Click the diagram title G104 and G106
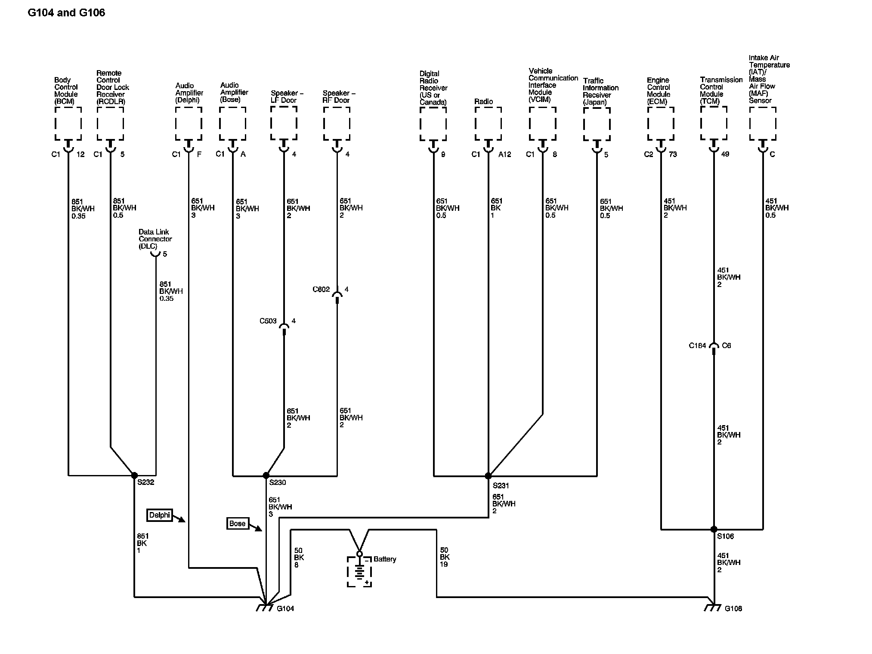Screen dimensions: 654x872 (66, 12)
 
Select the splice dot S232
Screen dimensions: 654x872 (134, 475)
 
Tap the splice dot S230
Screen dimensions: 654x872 (266, 475)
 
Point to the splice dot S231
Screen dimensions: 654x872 (488, 476)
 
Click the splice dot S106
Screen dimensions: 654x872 (714, 529)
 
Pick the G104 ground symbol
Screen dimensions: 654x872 (264, 608)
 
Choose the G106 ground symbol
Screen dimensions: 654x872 (712, 608)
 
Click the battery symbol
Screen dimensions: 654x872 (359, 571)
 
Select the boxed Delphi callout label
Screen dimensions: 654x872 (159, 515)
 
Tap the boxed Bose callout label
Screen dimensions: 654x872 (238, 524)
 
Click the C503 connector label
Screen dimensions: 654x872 (268, 321)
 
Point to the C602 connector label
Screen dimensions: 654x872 (321, 289)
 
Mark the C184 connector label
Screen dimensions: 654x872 (697, 346)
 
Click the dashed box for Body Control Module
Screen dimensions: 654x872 (68, 123)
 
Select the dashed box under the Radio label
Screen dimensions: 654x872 (488, 123)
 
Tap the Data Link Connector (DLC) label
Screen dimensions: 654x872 (155, 239)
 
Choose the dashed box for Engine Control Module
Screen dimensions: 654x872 (660, 123)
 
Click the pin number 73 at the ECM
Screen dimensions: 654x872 (673, 154)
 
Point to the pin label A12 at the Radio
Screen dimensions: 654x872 (504, 154)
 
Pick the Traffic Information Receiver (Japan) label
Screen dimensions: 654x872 (600, 91)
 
